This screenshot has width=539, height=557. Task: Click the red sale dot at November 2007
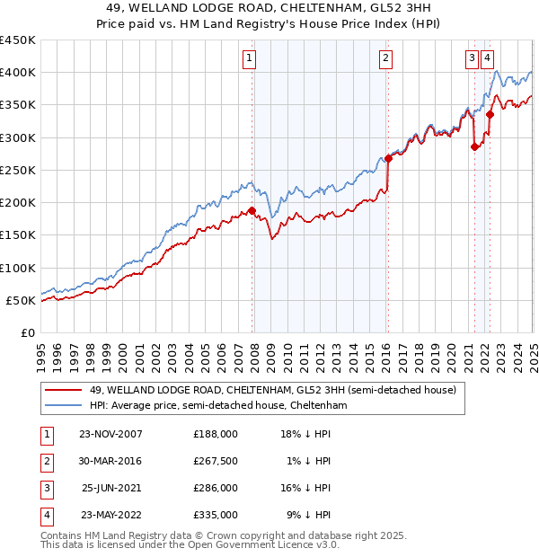252,211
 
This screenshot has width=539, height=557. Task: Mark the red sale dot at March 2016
388,159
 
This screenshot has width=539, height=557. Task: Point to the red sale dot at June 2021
474,147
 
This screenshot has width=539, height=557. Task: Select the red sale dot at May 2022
490,115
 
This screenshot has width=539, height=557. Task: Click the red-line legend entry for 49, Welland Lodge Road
273,390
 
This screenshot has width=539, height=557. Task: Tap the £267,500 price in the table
216,461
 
